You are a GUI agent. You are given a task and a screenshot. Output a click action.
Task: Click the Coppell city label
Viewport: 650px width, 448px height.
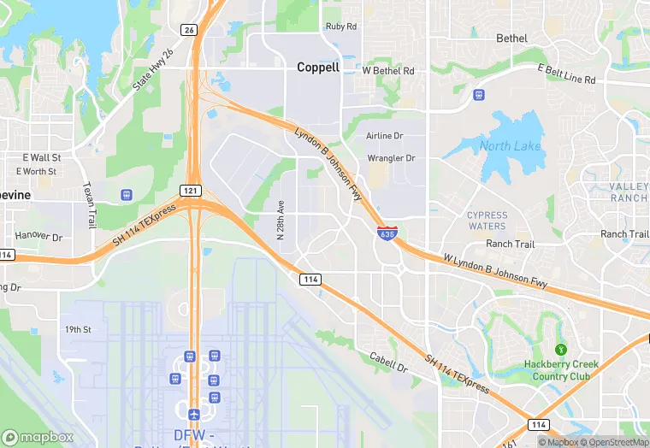coord(317,67)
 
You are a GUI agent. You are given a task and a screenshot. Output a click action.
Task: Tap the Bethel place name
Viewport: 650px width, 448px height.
coord(512,38)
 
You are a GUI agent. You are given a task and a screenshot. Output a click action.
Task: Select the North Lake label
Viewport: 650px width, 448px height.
coord(510,146)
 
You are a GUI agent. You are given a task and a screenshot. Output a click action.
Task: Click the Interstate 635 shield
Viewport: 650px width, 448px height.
coord(387,232)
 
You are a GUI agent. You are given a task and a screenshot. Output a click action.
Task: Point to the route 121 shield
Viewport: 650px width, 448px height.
coord(191,189)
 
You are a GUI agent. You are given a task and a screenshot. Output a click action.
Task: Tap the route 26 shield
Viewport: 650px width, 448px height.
coord(188,30)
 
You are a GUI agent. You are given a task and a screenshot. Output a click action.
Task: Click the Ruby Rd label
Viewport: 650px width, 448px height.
coord(340,27)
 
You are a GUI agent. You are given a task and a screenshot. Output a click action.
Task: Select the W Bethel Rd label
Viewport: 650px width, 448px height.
coord(388,70)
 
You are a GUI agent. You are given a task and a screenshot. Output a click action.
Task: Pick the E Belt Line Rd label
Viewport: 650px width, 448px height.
coord(565,74)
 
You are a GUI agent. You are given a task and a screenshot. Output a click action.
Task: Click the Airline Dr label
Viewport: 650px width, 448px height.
coord(384,136)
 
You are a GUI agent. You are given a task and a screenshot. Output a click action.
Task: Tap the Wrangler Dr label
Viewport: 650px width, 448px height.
coord(391,158)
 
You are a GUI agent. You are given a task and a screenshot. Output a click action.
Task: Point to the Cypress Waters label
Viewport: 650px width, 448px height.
coord(487,221)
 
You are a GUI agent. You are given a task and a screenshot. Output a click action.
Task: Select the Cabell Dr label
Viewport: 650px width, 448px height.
coord(388,363)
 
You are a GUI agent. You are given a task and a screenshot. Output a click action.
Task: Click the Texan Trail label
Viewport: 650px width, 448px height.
coord(88,205)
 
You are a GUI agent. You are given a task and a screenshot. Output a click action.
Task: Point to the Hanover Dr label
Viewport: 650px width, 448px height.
coord(38,235)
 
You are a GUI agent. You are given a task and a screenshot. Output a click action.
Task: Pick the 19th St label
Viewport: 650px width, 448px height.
coord(78,329)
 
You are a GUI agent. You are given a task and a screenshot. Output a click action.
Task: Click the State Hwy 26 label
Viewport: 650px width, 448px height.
coord(153,71)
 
